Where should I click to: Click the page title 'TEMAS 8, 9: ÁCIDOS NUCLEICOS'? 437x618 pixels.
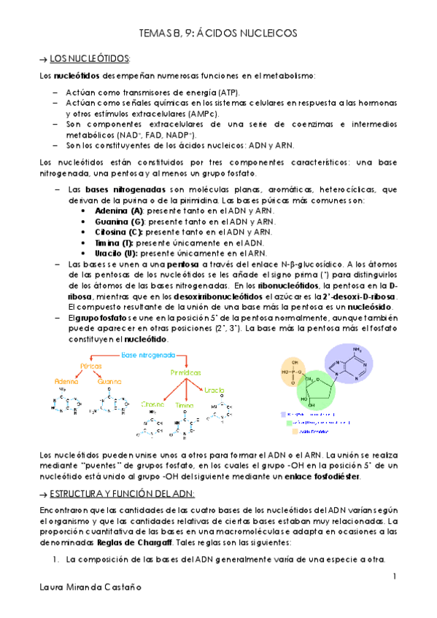[x=218, y=34]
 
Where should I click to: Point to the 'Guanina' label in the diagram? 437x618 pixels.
[x=109, y=381]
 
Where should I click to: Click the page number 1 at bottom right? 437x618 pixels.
[x=394, y=577]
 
